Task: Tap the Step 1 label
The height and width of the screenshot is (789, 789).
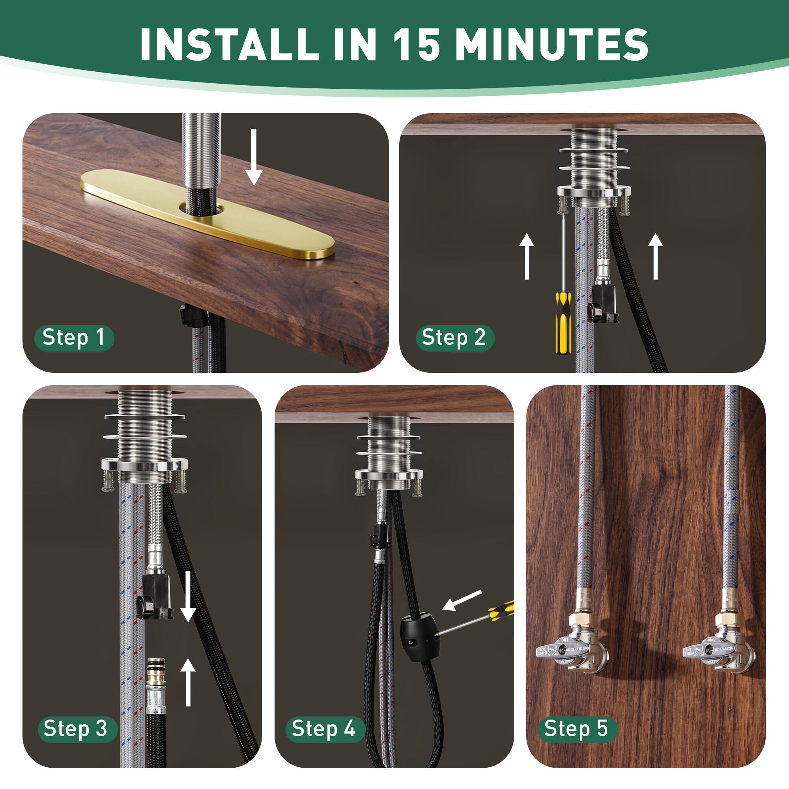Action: click(73, 338)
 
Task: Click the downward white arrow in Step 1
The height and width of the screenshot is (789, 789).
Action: click(254, 157)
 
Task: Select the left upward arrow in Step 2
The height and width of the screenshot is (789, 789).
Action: click(527, 256)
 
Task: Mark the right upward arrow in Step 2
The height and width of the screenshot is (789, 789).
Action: click(655, 256)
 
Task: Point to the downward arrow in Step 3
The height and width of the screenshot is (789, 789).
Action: click(188, 596)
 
